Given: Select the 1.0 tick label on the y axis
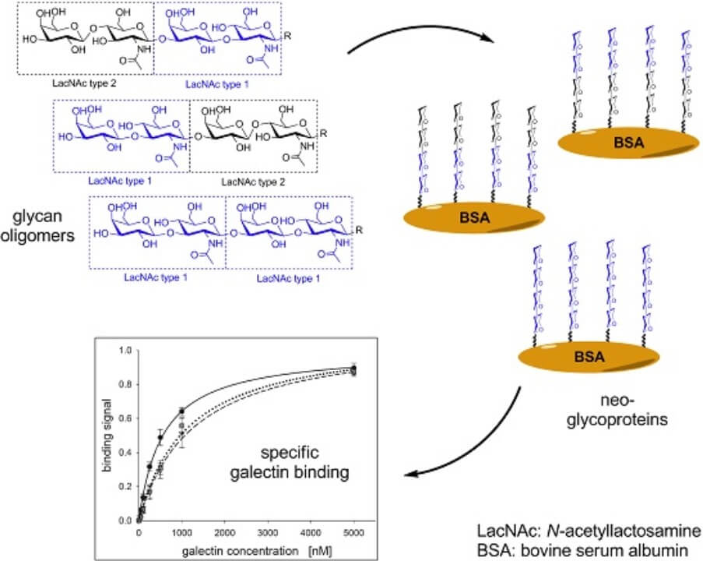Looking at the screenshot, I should (123, 351).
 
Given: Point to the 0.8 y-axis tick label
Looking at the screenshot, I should (123, 385).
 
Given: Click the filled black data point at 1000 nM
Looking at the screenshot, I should (181, 411).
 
